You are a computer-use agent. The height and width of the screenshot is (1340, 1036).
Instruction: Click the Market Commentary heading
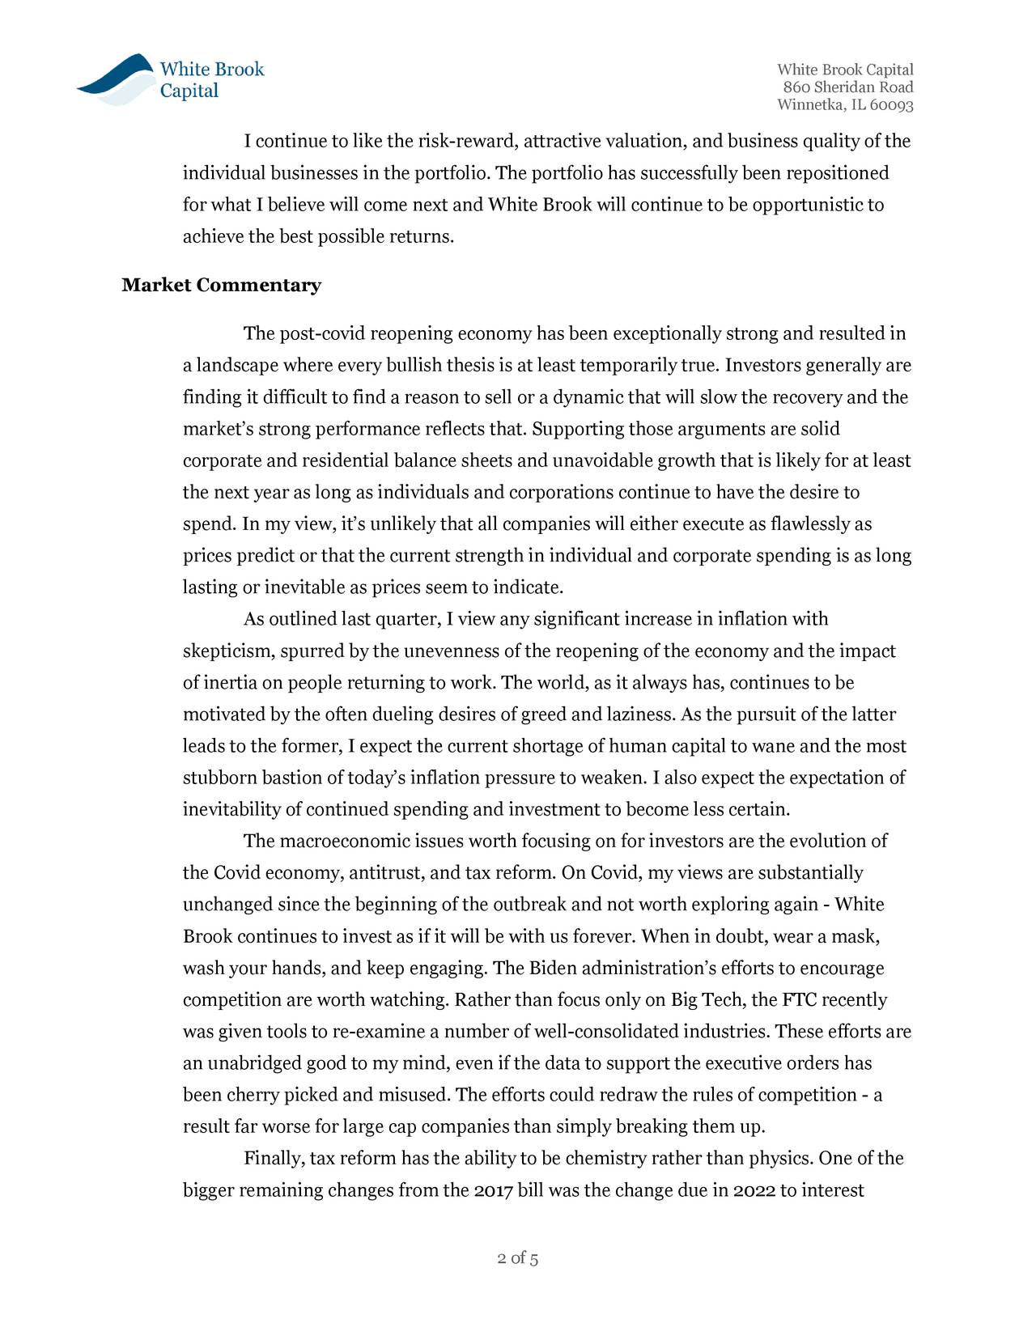point(221,286)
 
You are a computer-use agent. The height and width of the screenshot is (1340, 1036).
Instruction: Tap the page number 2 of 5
point(518,1258)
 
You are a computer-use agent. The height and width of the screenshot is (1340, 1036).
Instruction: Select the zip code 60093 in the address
point(892,106)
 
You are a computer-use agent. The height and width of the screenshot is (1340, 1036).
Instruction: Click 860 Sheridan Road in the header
point(847,87)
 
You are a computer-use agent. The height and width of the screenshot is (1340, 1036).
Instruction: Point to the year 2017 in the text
point(493,1191)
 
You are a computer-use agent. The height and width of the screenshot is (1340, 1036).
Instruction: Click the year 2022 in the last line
point(754,1191)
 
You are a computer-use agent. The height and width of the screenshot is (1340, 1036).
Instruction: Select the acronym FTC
point(800,1000)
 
